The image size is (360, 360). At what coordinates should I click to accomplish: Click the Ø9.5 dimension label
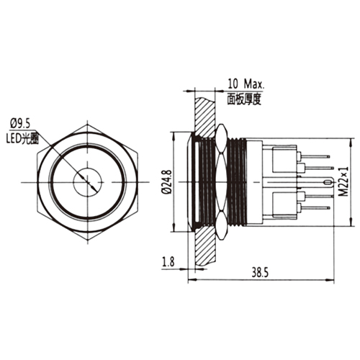pyautogui.click(x=20, y=124)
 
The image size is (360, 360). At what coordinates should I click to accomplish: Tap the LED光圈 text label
pyautogui.click(x=22, y=139)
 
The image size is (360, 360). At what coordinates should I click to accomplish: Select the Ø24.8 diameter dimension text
pyautogui.click(x=167, y=181)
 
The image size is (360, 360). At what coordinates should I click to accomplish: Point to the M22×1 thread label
pyautogui.click(x=344, y=181)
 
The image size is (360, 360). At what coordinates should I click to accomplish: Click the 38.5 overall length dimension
pyautogui.click(x=260, y=273)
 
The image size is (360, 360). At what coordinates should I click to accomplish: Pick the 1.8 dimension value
pyautogui.click(x=168, y=261)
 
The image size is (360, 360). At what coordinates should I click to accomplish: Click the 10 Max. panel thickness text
pyautogui.click(x=246, y=84)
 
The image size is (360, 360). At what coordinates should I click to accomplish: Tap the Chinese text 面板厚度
pyautogui.click(x=244, y=99)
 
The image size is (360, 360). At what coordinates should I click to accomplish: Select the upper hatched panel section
pyautogui.click(x=204, y=117)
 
